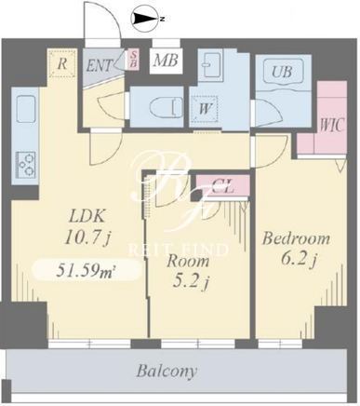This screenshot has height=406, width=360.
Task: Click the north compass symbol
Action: (x=146, y=19)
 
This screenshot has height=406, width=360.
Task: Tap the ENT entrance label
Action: (x=100, y=66)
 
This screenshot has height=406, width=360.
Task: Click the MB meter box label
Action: (x=166, y=61)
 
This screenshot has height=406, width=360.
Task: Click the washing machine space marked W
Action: (x=205, y=109)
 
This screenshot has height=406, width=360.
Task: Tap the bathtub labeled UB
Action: (x=282, y=72)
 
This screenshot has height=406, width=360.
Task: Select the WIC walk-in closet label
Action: (x=332, y=126)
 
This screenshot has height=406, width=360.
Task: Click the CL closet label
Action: (x=222, y=186)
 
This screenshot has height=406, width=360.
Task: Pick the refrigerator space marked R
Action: (x=62, y=63)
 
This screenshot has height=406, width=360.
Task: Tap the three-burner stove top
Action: (x=26, y=164)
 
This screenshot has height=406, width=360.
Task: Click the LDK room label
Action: (x=87, y=215)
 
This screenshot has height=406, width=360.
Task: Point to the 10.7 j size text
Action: (x=87, y=238)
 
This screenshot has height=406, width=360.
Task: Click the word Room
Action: (x=188, y=261)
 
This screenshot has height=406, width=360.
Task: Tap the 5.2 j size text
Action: (x=189, y=282)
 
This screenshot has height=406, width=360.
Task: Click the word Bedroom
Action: (x=296, y=239)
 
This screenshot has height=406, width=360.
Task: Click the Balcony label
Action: (x=167, y=371)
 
